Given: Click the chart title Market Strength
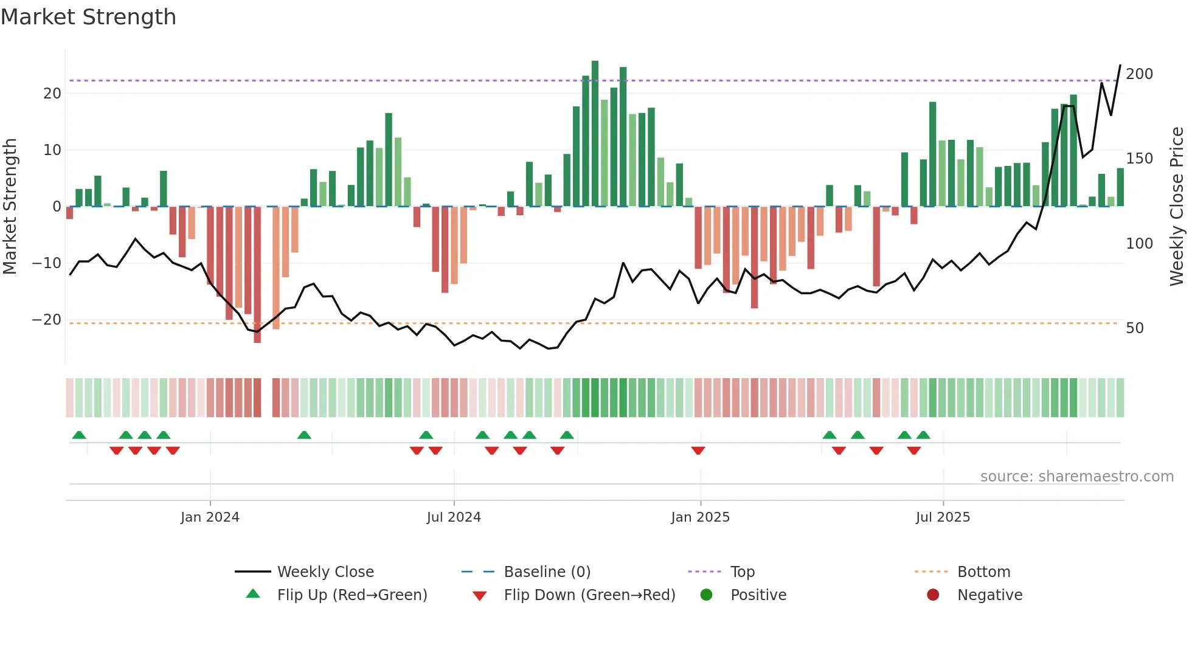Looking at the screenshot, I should (88, 17).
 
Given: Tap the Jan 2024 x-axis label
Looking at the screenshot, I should (210, 517).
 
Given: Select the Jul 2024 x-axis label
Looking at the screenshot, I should (454, 517).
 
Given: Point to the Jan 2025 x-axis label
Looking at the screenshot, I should (700, 517).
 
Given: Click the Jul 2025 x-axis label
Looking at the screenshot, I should (943, 517).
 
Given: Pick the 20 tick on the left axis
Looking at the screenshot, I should (52, 94).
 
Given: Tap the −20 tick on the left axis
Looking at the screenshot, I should (47, 320).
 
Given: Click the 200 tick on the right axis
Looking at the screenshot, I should (1139, 74).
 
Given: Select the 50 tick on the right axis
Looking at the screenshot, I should (1135, 328).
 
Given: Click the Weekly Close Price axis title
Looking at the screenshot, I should (1177, 207).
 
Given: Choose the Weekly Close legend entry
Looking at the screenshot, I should (325, 572).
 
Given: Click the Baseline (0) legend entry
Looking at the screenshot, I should (547, 572).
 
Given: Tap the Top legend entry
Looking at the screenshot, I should (742, 572).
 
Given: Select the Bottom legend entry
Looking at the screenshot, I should (983, 572).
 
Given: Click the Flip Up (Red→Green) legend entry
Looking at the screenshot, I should (352, 595).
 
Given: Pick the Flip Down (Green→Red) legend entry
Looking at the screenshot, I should (589, 595).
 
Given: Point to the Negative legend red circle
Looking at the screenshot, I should (933, 595).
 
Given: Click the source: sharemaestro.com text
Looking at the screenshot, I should (1076, 477).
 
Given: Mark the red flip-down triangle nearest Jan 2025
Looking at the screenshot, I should (698, 451).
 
